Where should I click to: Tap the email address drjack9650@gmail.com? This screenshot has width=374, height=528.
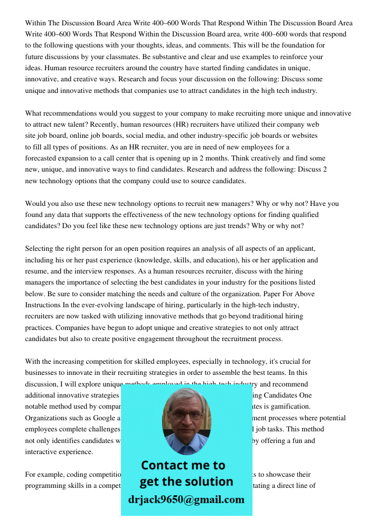[x=186, y=499]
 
